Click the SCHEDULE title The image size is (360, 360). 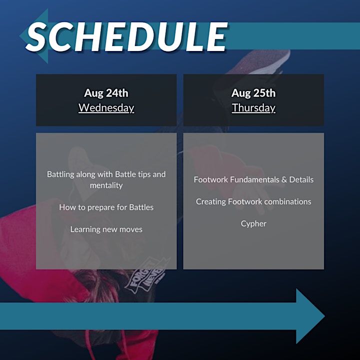[126, 36]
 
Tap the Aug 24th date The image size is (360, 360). [106, 93]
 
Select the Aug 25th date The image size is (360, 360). [253, 93]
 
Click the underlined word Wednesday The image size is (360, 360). [106, 107]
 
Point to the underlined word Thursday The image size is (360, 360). [253, 107]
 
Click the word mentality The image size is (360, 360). [106, 185]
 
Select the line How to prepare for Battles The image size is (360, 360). [106, 207]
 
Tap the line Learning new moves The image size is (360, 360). [106, 229]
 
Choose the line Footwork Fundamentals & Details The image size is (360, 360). [253, 179]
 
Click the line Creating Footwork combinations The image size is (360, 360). [253, 201]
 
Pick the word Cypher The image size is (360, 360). [253, 224]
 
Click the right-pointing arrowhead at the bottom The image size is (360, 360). [310, 316]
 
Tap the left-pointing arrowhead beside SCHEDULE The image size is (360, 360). [34, 36]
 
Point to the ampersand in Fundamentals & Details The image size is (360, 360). [284, 179]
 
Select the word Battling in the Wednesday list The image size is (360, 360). [60, 174]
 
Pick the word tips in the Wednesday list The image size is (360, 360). [144, 174]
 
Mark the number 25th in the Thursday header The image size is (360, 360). [264, 93]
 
